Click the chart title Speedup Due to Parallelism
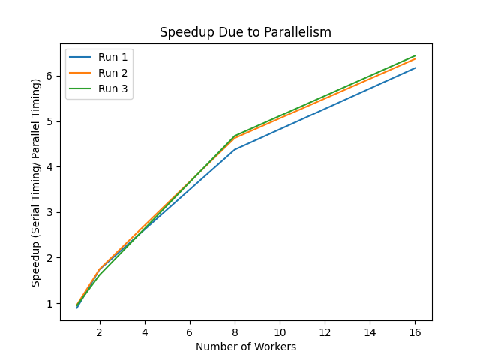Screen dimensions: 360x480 pyautogui.click(x=245, y=33)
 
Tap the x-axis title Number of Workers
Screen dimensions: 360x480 pyautogui.click(x=246, y=346)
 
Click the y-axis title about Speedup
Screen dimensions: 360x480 pyautogui.click(x=36, y=182)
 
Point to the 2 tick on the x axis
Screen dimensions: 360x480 pyautogui.click(x=100, y=331)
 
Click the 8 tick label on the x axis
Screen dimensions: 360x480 pyautogui.click(x=235, y=331)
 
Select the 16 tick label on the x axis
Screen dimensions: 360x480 pyautogui.click(x=415, y=331)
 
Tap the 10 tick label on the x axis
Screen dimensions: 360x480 pyautogui.click(x=280, y=331)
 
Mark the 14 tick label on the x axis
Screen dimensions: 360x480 pyautogui.click(x=370, y=331)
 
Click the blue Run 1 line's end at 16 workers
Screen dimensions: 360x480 pyautogui.click(x=415, y=68)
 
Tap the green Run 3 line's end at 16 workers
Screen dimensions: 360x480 pyautogui.click(x=415, y=55)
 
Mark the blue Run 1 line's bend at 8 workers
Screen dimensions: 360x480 pyautogui.click(x=235, y=149)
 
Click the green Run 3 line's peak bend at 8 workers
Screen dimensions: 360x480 pyautogui.click(x=235, y=136)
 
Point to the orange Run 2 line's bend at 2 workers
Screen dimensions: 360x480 pyautogui.click(x=100, y=269)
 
